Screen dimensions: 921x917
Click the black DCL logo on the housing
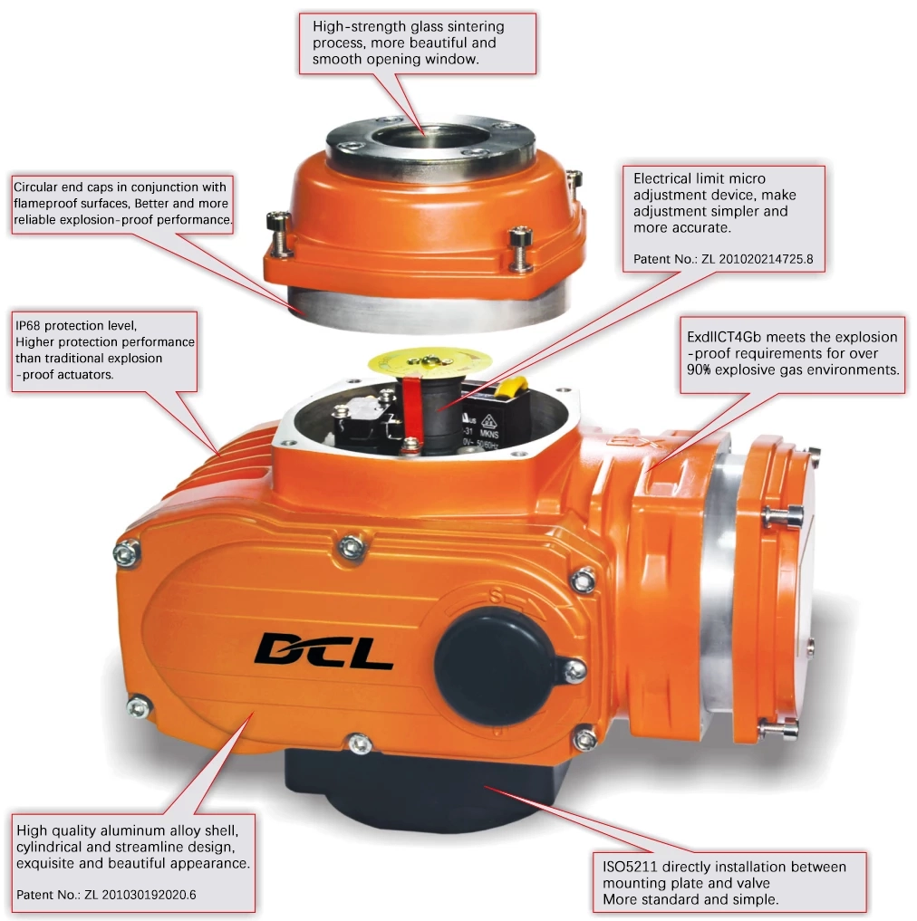click(x=323, y=648)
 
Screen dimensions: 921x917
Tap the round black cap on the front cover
click(x=490, y=666)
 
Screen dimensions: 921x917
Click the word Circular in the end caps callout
click(x=36, y=187)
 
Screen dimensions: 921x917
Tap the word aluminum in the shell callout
click(x=126, y=830)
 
